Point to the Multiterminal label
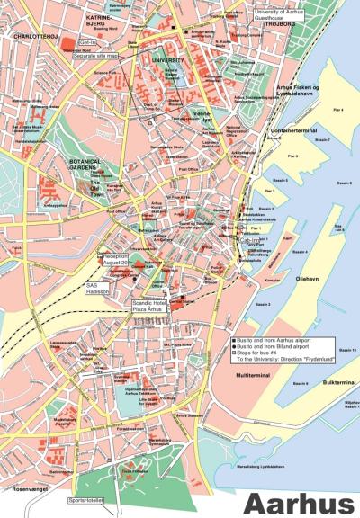tap(254, 373)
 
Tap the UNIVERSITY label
tap(168, 60)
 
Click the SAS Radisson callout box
tap(97, 287)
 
